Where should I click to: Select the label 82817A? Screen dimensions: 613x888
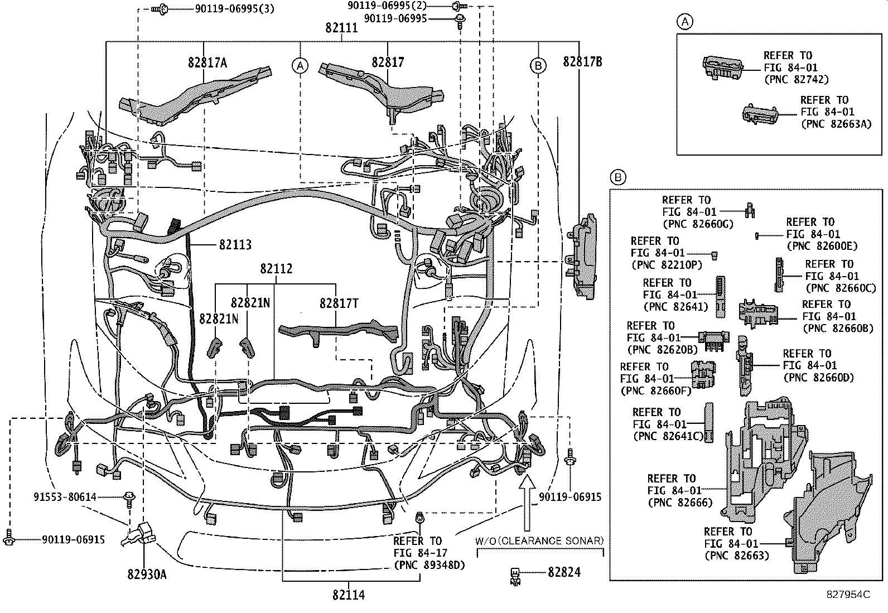coord(207,63)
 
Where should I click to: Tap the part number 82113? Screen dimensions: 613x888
coord(235,244)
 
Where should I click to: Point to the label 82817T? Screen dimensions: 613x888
coord(339,303)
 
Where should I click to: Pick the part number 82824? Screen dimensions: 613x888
coord(564,572)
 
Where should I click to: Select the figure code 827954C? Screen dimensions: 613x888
coord(848,595)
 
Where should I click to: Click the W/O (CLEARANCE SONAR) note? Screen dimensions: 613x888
coord(539,540)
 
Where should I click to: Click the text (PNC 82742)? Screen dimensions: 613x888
coord(795,80)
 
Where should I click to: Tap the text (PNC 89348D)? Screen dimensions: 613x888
coord(429,565)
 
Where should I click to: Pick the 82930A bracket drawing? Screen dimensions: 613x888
coord(141,534)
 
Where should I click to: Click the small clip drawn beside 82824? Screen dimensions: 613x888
coord(515,575)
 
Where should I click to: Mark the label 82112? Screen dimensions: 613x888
coord(276,269)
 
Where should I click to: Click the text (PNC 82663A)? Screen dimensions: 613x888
coord(835,124)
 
